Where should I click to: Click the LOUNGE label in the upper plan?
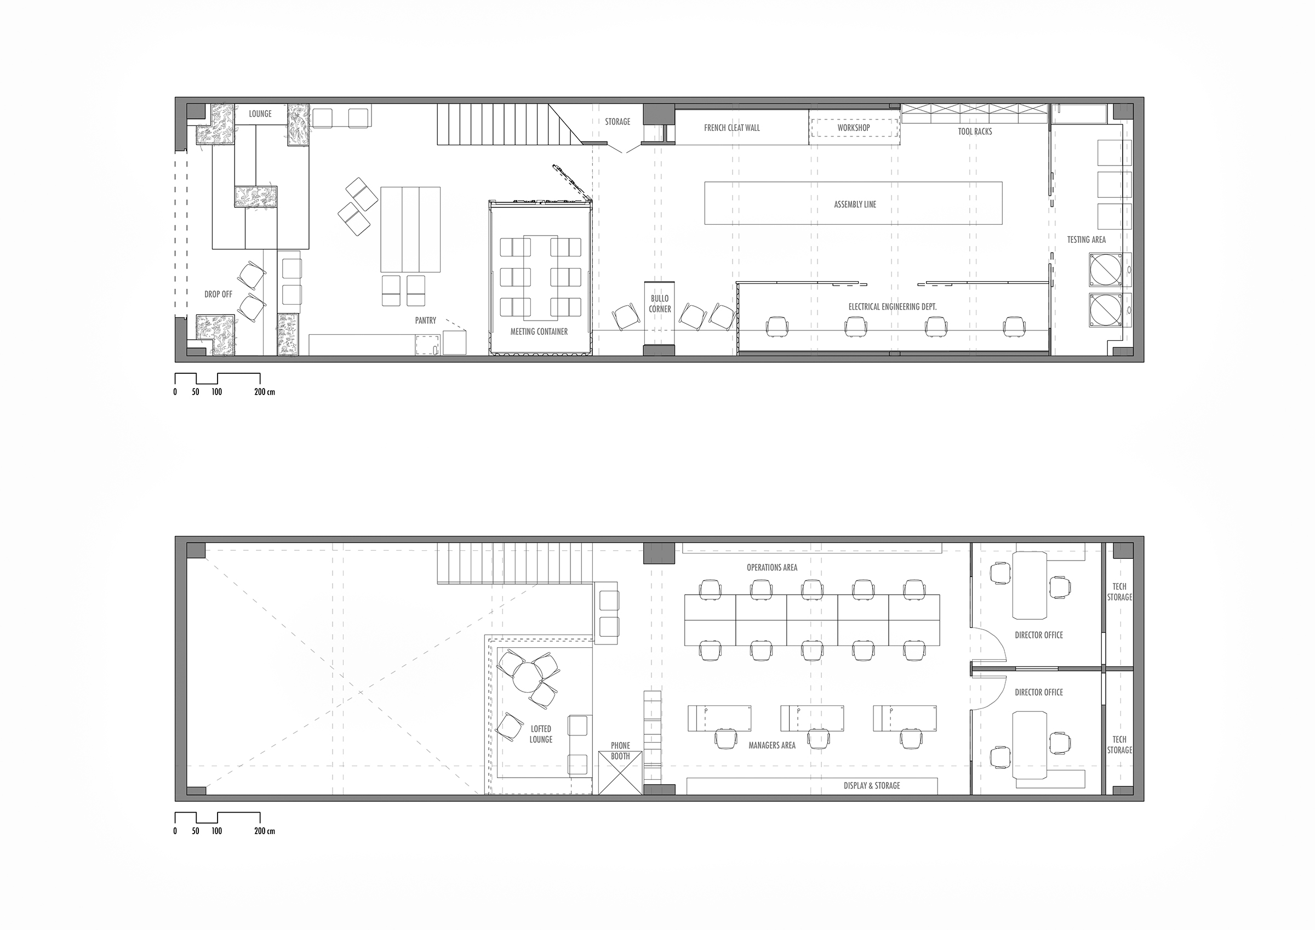260,113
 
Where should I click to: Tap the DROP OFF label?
218,294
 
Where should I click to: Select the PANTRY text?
426,320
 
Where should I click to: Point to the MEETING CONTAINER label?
539,331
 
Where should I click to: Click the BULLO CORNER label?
660,304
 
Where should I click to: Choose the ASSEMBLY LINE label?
855,204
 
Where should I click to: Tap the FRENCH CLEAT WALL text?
732,128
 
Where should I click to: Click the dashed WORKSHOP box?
853,127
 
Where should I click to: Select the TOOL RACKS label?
975,131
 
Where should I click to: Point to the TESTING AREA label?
1087,239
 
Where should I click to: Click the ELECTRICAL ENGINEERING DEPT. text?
893,306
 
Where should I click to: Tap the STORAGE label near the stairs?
618,122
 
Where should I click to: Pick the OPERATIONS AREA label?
772,567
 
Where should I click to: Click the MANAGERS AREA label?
772,745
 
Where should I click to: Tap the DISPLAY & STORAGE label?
872,786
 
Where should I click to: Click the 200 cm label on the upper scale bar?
265,392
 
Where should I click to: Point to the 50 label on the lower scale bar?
196,831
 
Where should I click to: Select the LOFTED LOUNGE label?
541,734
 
